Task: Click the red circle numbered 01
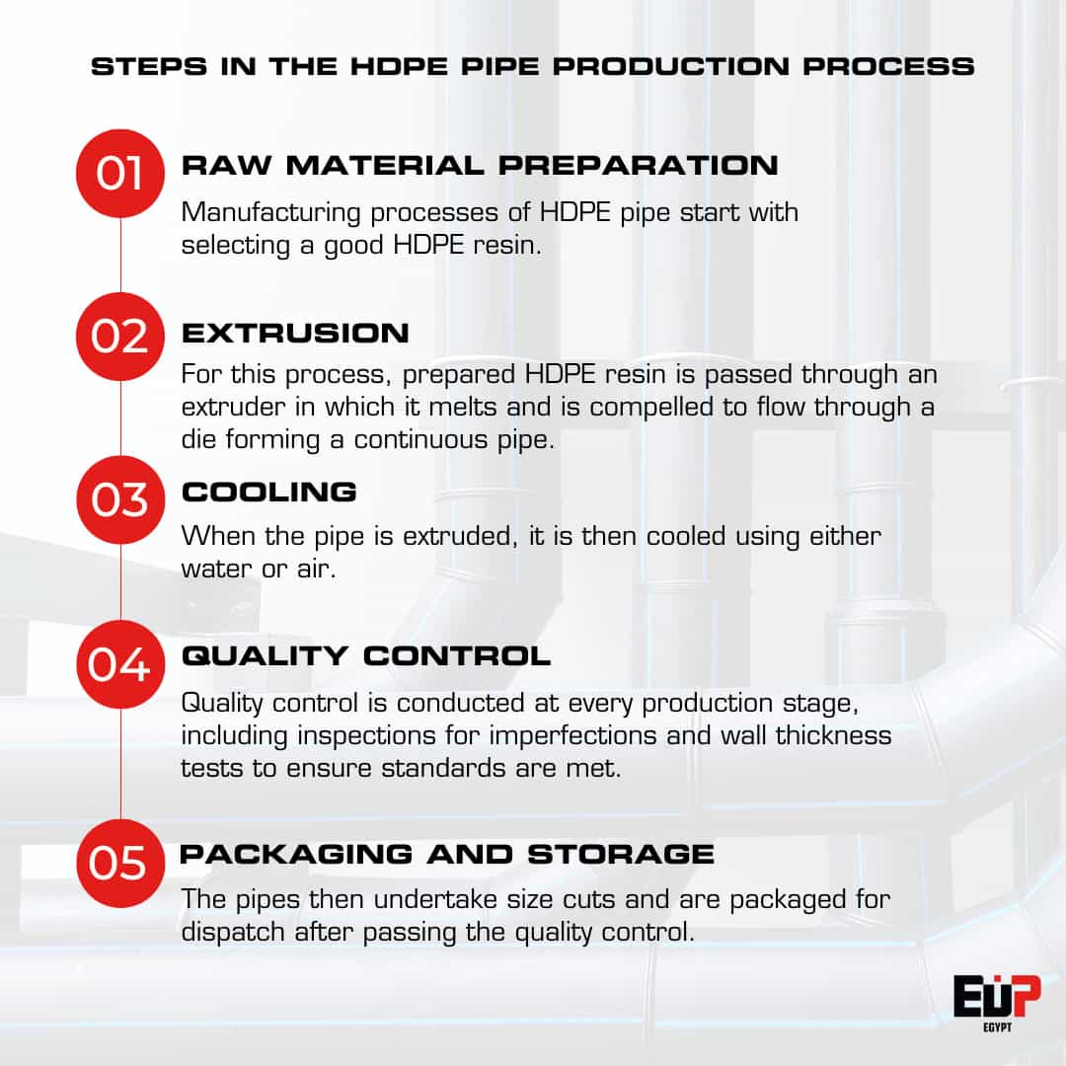(119, 173)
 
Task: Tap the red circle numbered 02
(119, 336)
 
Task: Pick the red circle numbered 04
(119, 663)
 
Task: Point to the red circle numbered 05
(119, 863)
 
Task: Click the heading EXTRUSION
(295, 334)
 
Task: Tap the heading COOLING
(269, 492)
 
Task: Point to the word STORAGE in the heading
(621, 854)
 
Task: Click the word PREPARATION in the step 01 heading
(638, 165)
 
